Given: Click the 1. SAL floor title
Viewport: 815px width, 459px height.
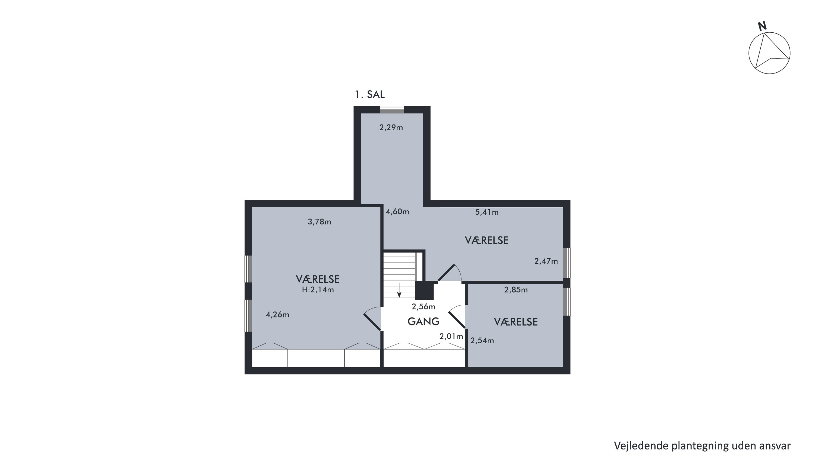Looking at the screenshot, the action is coord(369,94).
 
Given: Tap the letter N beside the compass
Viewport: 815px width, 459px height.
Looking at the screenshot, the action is coord(763,26).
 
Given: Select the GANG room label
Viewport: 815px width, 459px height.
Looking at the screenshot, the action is coord(423,322).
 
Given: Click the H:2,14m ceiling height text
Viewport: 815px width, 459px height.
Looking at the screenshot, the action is coord(318,289).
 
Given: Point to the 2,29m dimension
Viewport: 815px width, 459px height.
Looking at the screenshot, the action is coord(391,127).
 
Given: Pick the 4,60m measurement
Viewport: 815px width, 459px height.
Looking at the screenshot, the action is coord(397,212).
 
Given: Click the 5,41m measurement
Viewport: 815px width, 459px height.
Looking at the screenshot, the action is coord(487,212).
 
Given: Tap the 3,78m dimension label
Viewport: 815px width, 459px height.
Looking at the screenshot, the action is coord(319,222).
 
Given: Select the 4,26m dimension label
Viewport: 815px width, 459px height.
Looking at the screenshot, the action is coord(277,315).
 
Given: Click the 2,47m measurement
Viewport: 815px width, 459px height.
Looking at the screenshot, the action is coord(546,261).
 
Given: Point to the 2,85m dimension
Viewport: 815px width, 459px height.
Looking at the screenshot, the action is coord(516,289).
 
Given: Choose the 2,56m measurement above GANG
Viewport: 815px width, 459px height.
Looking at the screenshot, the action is coord(423,307).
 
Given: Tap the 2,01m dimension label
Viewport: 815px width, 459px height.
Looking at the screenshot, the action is coord(451,336).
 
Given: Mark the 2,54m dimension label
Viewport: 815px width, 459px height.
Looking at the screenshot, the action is coord(482,341).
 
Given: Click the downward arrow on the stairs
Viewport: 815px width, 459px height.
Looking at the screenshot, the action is coord(399,290).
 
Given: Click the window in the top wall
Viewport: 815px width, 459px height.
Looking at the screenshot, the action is coord(392,110).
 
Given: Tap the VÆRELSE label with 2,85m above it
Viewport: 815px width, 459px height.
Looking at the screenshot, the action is coord(516,322).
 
